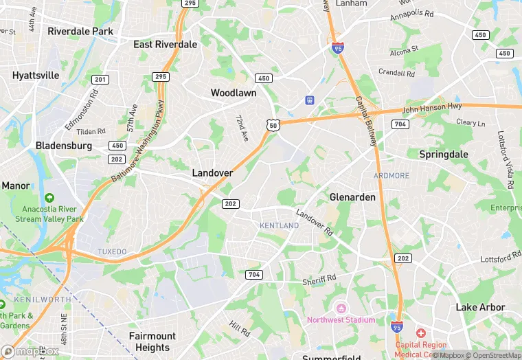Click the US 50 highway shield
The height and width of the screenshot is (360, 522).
(x=273, y=124)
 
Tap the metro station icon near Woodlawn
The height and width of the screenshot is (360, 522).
(x=310, y=100)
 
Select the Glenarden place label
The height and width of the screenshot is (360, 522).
(x=352, y=197)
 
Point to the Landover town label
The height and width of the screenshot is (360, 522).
(x=212, y=173)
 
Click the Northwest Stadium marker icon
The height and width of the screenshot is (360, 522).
(x=341, y=307)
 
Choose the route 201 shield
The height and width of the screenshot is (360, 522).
(x=100, y=80)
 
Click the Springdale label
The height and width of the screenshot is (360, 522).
(x=443, y=155)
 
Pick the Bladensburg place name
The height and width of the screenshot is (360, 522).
(x=64, y=146)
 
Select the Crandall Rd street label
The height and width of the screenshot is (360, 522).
(x=396, y=73)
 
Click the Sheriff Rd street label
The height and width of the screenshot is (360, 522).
(x=319, y=280)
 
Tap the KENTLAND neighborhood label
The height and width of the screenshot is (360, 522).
(x=280, y=225)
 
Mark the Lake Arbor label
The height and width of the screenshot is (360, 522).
(x=480, y=307)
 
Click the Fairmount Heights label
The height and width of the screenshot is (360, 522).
(x=152, y=341)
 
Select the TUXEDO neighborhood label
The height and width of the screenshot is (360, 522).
(x=112, y=251)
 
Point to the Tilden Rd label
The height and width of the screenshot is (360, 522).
(x=91, y=131)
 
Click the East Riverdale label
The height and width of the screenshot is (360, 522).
(x=166, y=44)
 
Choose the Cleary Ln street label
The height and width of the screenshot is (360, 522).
(x=470, y=122)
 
